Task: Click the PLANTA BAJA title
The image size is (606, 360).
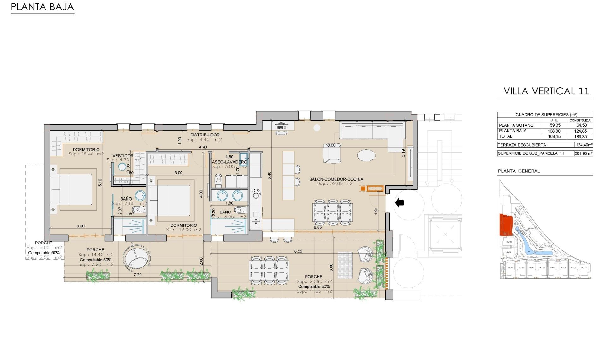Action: [42, 7]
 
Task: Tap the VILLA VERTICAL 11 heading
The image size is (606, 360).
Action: [546, 91]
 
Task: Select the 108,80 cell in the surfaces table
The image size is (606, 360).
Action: [555, 131]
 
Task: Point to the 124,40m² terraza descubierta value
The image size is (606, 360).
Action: [584, 145]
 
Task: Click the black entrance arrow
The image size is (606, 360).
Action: [400, 202]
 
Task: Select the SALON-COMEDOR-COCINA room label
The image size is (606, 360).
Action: [336, 179]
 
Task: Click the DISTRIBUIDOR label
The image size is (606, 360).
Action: [205, 135]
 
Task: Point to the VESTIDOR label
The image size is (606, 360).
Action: [123, 156]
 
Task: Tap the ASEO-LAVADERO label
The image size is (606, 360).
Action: [229, 162]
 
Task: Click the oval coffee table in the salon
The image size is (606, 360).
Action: [366, 155]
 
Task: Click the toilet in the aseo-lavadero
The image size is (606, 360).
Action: [218, 181]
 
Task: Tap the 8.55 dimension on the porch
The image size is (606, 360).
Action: [298, 251]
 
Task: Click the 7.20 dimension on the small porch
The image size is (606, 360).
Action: [138, 275]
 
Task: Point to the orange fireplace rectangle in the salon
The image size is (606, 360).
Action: [375, 189]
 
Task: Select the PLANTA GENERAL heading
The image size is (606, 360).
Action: [519, 171]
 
